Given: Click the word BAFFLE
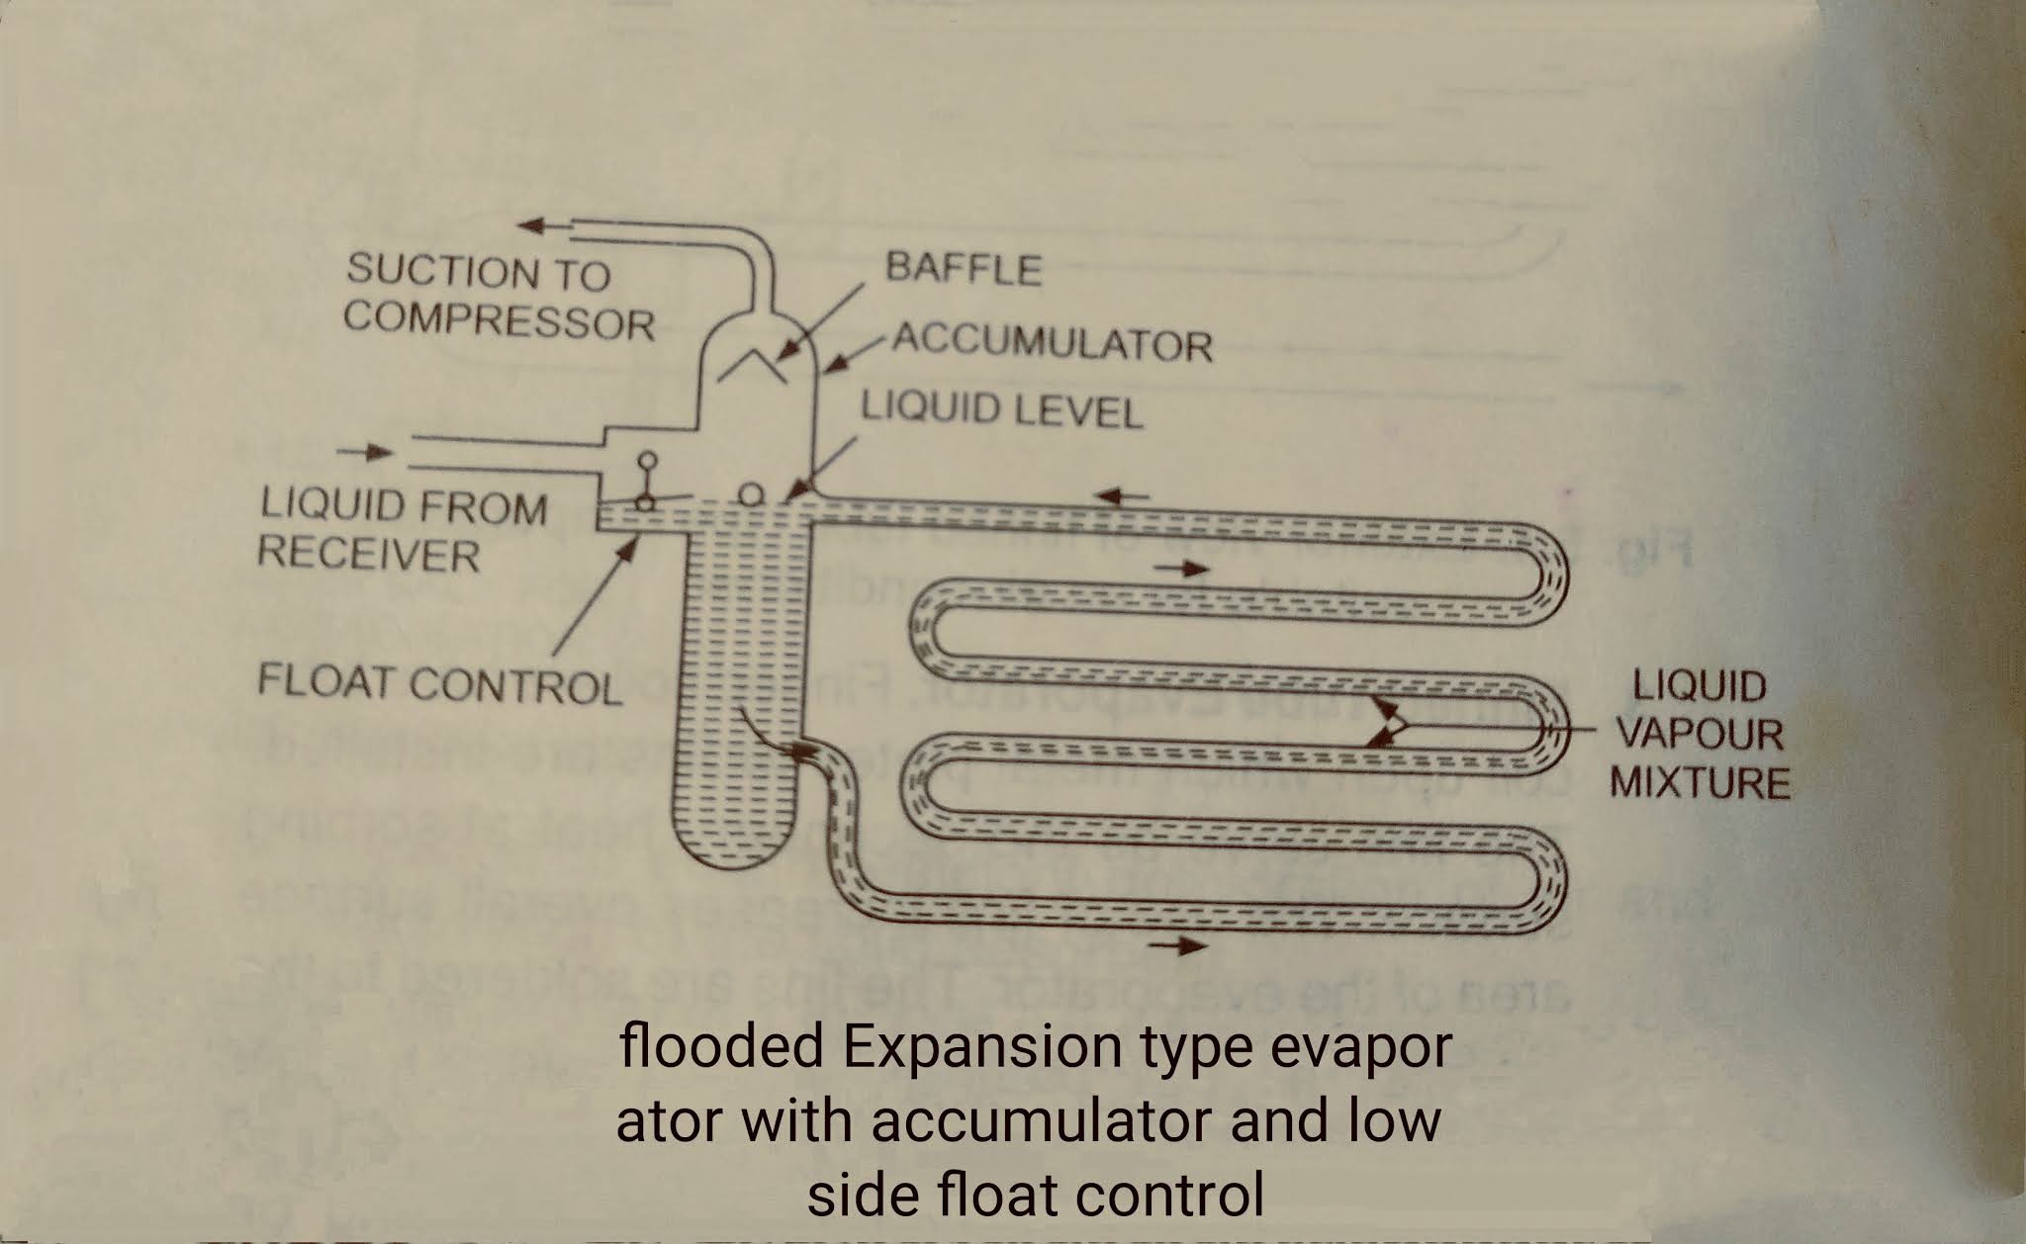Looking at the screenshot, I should click(963, 269).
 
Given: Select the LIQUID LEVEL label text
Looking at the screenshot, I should click(1001, 409).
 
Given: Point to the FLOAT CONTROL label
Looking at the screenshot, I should click(440, 684).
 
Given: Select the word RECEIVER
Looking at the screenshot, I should click(368, 555).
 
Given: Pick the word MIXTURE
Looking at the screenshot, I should click(1700, 783).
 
